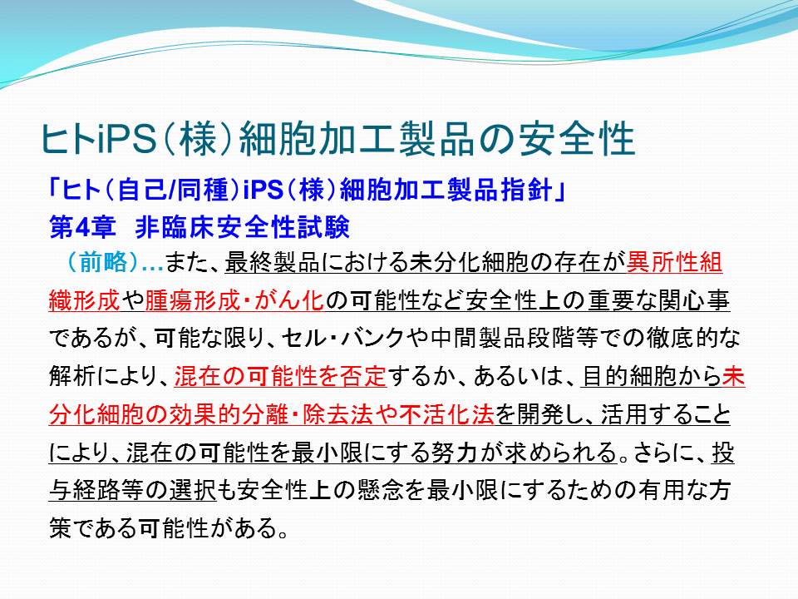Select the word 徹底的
682,338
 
